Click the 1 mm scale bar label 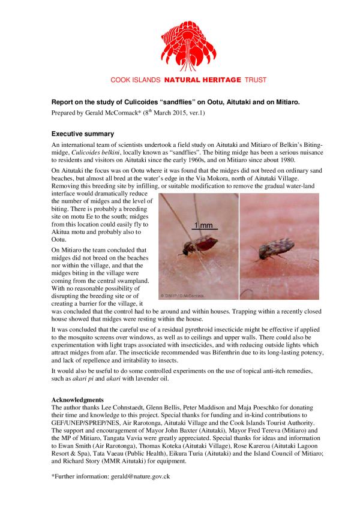[202, 225]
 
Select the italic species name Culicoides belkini [95, 153]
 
